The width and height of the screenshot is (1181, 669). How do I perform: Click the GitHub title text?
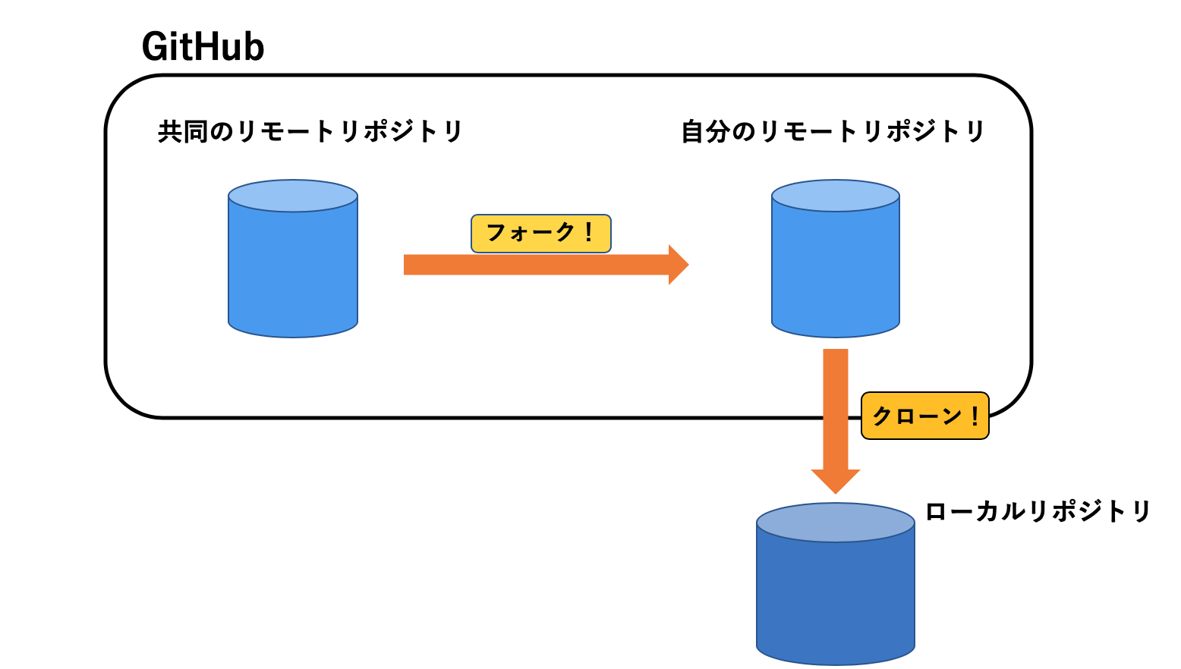click(x=203, y=47)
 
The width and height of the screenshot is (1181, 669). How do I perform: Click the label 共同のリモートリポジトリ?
click(x=310, y=131)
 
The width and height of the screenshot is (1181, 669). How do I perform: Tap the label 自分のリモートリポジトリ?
click(x=833, y=131)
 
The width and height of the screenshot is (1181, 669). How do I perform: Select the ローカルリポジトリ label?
click(x=1038, y=511)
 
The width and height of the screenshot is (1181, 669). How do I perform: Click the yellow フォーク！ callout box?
click(x=540, y=233)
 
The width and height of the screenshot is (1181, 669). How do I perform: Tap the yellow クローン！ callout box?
click(x=924, y=416)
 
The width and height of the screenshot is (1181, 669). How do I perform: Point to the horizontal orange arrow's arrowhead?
click(x=677, y=265)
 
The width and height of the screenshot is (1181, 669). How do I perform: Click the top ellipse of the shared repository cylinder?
click(x=293, y=196)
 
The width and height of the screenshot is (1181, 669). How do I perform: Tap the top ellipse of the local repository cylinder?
click(x=835, y=523)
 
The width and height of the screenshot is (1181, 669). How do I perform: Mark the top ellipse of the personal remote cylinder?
click(x=835, y=196)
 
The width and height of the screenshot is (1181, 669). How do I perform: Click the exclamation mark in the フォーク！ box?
click(x=588, y=232)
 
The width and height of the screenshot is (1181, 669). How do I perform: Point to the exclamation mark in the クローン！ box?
click(x=975, y=416)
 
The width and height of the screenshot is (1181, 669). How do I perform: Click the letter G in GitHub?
click(x=156, y=47)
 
